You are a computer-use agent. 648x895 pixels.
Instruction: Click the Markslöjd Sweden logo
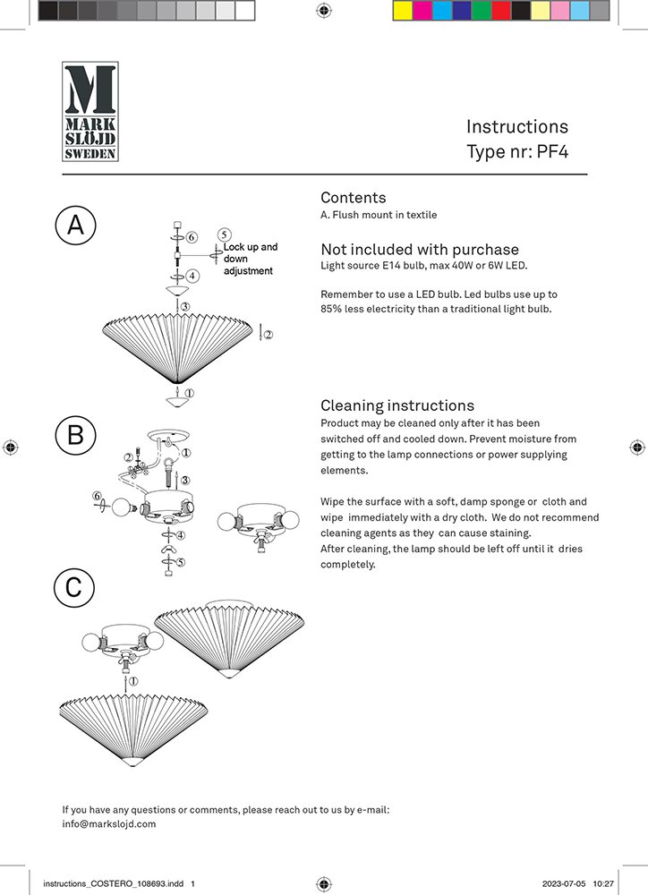point(90,111)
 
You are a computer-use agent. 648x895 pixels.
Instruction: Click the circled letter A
point(76,225)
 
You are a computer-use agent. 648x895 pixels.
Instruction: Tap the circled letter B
point(76,435)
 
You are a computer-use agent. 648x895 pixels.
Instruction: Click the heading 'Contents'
point(354,198)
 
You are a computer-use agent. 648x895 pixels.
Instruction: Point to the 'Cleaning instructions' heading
point(397,405)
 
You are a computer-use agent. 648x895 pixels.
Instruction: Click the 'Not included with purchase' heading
point(420,250)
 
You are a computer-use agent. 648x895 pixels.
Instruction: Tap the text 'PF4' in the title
point(551,151)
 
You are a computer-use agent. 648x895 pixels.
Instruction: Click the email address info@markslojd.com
point(109,824)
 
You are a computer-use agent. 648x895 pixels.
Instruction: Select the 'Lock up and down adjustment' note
point(251,259)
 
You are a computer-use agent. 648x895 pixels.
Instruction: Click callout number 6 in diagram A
point(192,236)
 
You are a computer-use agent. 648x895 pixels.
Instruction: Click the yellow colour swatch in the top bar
point(402,11)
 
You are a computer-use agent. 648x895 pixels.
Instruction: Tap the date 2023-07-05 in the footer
point(565,883)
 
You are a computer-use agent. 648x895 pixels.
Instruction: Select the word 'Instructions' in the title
point(516,126)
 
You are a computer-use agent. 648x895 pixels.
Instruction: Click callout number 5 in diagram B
point(181,563)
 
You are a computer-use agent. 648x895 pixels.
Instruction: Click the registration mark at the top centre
point(324,11)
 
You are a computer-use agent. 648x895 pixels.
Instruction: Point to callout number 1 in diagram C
point(135,682)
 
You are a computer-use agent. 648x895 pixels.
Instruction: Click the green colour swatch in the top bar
point(481,11)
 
